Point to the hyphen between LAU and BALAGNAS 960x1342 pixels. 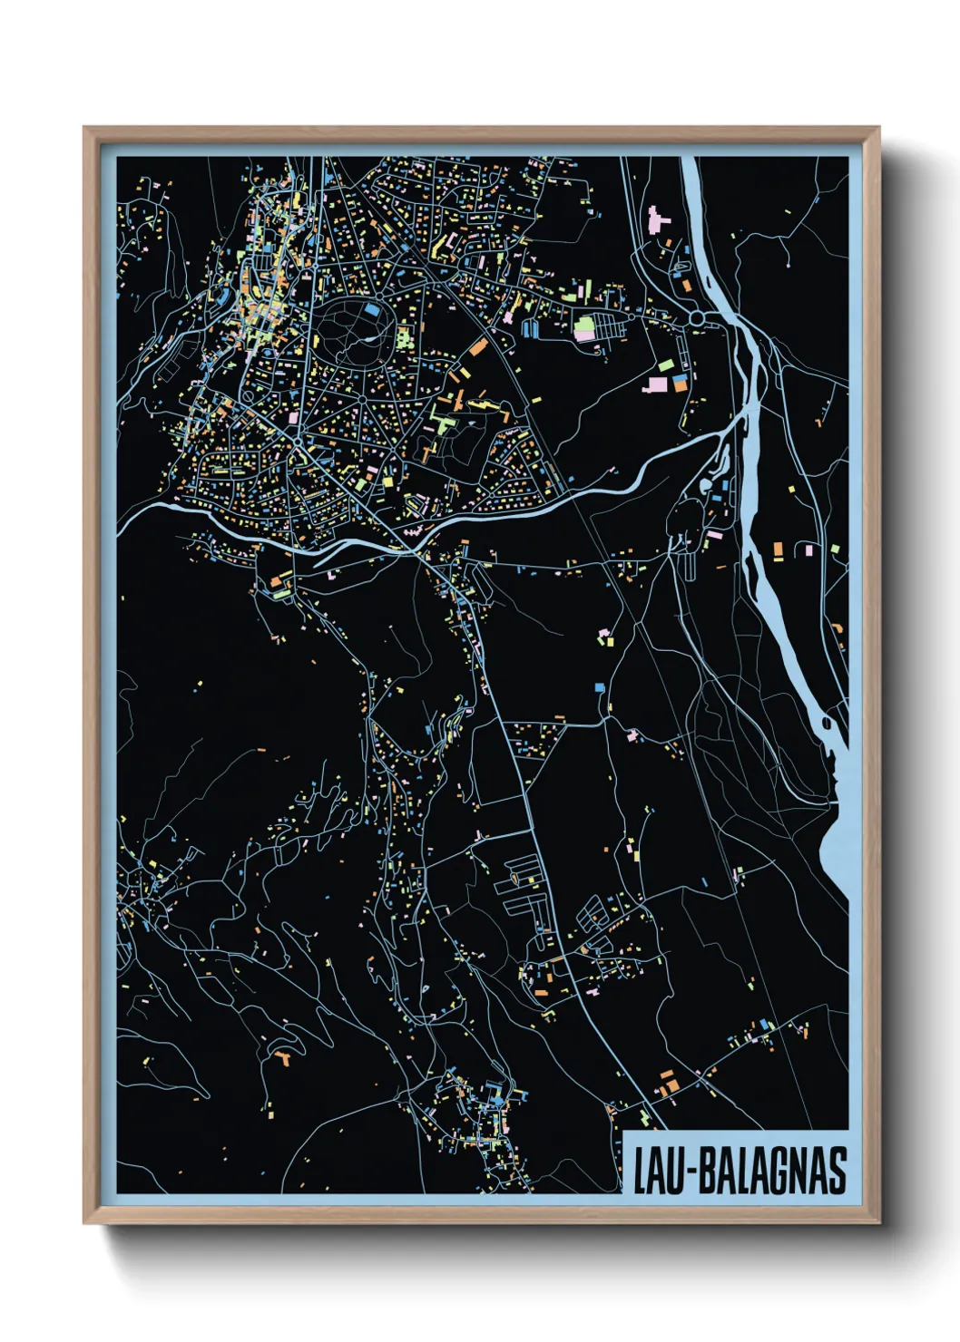coord(687,1172)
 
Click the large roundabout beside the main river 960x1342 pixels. coord(697,319)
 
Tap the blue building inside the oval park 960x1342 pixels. coord(370,309)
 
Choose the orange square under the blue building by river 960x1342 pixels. coord(680,385)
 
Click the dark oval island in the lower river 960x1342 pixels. coord(827,723)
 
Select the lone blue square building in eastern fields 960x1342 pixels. coord(599,687)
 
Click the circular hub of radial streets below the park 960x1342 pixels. coord(361,398)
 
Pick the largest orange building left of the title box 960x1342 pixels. coord(668,1086)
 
